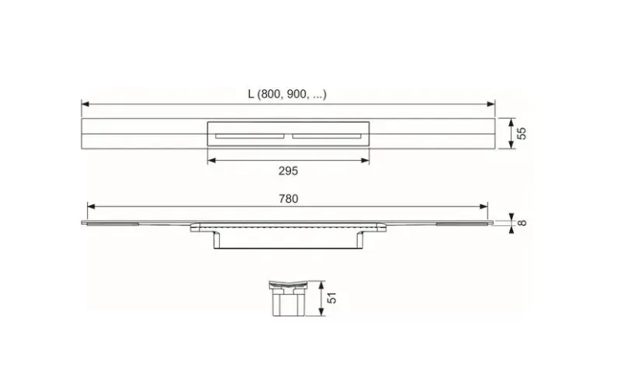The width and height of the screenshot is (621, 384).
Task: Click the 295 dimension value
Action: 287,170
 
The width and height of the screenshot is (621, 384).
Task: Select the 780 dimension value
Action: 288,199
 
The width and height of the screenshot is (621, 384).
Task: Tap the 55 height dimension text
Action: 522,133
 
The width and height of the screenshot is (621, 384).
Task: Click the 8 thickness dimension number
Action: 522,223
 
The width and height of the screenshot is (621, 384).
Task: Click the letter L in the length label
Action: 251,94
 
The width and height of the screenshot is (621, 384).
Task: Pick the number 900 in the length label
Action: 297,94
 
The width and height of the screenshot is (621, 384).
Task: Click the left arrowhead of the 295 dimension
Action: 210,160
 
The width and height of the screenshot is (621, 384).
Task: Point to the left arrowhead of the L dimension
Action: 85,103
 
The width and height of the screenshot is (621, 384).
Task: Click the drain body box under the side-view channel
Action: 287,241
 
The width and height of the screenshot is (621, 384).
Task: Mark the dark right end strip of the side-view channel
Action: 463,224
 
